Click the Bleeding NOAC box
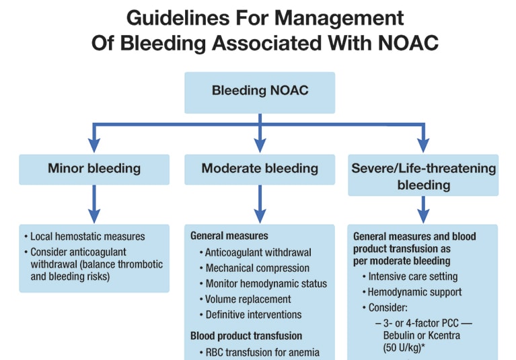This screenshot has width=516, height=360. point(260,93)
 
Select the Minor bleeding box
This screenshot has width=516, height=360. point(94,170)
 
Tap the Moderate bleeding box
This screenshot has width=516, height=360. point(260,170)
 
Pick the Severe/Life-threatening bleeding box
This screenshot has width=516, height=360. point(423,175)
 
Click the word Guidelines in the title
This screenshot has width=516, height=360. point(178,17)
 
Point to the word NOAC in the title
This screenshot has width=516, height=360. point(408,43)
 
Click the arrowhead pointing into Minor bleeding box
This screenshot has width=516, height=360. point(94,145)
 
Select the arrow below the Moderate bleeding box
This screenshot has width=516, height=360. point(260,204)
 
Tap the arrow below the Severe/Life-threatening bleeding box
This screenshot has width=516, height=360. point(423,210)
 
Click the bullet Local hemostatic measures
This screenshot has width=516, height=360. point(85,237)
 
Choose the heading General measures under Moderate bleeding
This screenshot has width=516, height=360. point(229,236)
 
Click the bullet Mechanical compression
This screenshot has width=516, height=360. point(254,268)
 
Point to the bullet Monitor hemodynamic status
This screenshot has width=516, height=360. point(263,283)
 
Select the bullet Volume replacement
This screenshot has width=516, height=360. point(245,299)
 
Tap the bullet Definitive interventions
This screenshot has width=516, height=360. point(250,315)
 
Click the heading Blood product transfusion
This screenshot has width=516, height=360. point(246,336)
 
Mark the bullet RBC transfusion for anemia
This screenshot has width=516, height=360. point(259,353)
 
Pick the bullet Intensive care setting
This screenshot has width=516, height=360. point(410,277)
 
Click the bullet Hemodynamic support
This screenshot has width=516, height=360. point(412,292)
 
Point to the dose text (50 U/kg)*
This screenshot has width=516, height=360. point(404,347)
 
